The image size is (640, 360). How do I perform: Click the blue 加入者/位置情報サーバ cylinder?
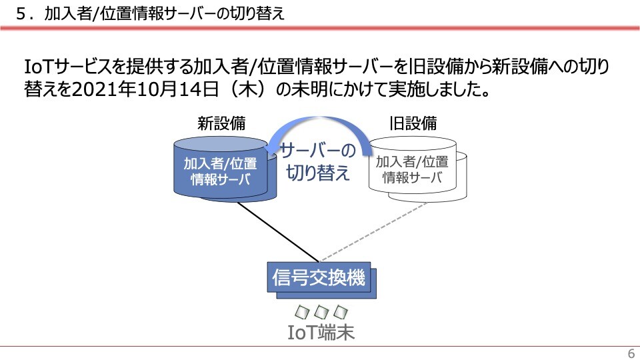coord(225,169)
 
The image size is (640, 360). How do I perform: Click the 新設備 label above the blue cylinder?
coord(221,123)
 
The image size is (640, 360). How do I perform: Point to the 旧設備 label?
coord(413,123)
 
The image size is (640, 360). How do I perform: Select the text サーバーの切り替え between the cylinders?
coord(318,161)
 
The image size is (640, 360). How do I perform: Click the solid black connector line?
coord(277,232)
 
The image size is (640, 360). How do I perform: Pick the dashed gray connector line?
coord(373,231)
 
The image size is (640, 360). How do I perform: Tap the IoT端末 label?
coord(321,332)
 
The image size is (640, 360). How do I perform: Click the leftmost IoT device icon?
coord(303,312)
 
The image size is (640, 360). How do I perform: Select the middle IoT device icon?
coord(321,312)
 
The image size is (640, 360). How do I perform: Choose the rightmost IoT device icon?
coord(341,312)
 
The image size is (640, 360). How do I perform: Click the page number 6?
coord(631,353)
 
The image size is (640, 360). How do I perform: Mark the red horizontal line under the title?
coord(320,28)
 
